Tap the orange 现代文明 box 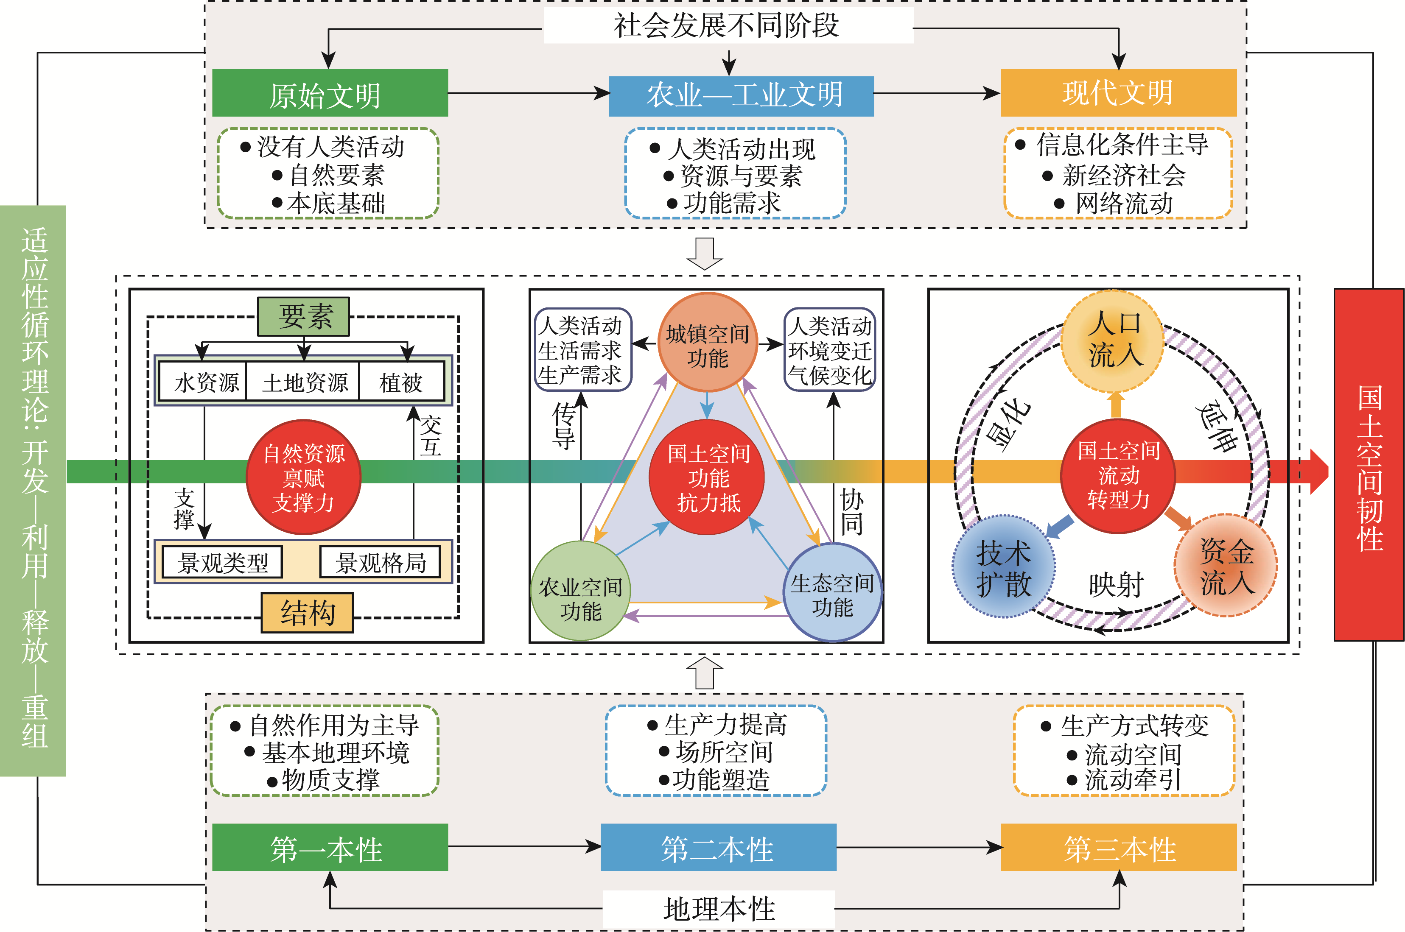1118,93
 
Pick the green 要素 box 303,316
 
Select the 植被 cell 401,382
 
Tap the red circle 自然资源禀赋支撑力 303,477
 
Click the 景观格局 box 380,562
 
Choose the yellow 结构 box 308,612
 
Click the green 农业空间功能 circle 580,592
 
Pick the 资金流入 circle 1226,565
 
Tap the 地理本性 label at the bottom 719,908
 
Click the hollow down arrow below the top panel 705,253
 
